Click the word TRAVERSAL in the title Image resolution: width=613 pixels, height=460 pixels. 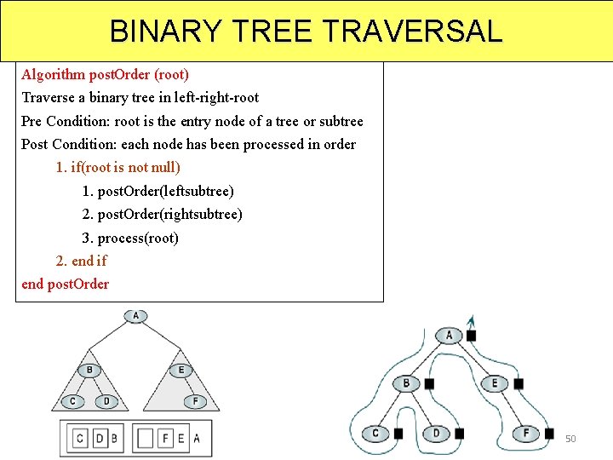413,32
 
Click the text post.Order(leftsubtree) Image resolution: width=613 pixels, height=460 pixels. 158,191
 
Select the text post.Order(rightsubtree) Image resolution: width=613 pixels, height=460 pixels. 162,214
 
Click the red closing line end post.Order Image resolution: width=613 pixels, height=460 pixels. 65,284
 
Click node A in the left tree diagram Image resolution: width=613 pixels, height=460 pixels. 136,316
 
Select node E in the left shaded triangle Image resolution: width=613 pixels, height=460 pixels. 180,370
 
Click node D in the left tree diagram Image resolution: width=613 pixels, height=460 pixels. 106,400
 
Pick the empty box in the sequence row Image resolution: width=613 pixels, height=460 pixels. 146,439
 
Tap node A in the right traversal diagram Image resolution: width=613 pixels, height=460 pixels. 450,335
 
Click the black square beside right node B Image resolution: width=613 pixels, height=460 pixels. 429,384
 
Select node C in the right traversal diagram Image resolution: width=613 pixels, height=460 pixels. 375,434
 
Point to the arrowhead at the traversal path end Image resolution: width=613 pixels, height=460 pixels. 471,319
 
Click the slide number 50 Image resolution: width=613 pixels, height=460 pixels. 570,439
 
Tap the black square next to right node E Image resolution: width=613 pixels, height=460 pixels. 518,384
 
